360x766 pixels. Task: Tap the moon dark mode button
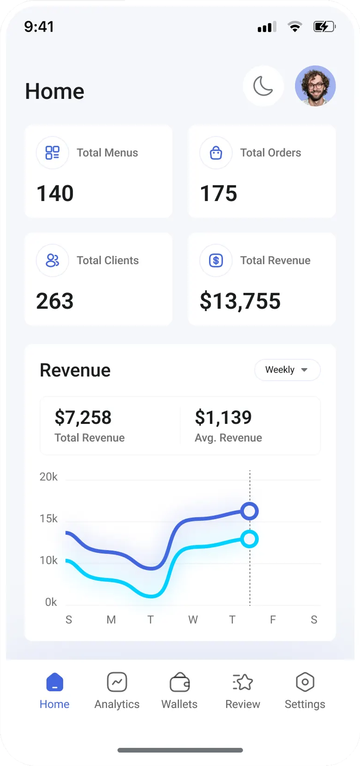[x=263, y=86]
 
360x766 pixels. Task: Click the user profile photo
[x=315, y=86]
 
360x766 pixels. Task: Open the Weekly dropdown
[x=287, y=370]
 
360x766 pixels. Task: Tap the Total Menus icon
[x=52, y=153]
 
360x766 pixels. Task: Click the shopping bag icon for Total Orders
[x=216, y=153]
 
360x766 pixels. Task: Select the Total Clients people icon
[x=52, y=260]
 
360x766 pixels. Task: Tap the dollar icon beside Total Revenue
[x=216, y=260]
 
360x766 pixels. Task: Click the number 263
[x=55, y=301]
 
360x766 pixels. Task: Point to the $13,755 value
[x=240, y=301]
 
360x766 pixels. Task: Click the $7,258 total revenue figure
[x=83, y=417]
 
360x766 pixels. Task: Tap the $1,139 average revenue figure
[x=223, y=417]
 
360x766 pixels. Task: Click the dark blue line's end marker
[x=250, y=511]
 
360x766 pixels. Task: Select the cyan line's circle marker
[x=250, y=539]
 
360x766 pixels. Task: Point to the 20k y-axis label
[x=49, y=477]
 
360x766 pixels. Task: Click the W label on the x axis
[x=193, y=620]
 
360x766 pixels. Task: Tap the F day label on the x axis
[x=273, y=620]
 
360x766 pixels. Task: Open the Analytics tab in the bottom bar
[x=117, y=691]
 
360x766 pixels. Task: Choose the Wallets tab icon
[x=179, y=682]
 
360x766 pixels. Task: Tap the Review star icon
[x=242, y=682]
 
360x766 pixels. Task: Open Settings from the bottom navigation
[x=305, y=691]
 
